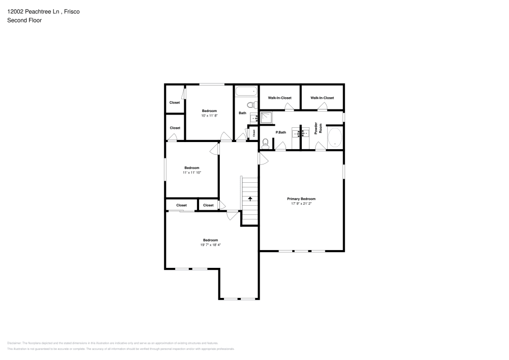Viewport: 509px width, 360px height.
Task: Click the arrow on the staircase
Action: coord(250,198)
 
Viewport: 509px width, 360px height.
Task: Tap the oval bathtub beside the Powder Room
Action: coord(334,138)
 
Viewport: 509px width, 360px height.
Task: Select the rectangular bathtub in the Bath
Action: coord(246,92)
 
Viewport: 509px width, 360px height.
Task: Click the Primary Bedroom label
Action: coord(301,199)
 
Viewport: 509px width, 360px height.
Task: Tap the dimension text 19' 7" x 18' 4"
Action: coord(210,245)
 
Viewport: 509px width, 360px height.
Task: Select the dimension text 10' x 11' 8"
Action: coord(209,116)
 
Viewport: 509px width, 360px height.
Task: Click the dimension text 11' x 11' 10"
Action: coord(192,173)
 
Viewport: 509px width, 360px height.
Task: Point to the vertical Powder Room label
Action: coord(317,128)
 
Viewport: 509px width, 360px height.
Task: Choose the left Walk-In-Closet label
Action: coord(279,98)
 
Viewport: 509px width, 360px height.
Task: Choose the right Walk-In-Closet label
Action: coord(322,98)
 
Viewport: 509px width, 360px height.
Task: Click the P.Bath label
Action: coord(280,132)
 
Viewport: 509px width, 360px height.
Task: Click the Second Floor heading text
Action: coord(24,20)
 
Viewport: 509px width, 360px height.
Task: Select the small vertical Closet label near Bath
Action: coord(253,133)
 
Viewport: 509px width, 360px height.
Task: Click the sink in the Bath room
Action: coord(253,119)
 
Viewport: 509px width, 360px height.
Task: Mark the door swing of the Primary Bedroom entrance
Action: coord(263,158)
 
